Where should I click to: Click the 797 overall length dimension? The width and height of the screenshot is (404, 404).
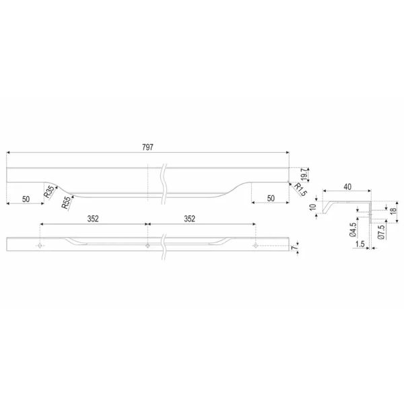pyautogui.click(x=147, y=147)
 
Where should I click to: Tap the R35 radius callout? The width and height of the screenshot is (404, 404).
pyautogui.click(x=49, y=191)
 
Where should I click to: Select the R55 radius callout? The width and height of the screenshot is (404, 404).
pyautogui.click(x=66, y=202)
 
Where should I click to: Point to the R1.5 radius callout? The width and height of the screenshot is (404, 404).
pyautogui.click(x=300, y=190)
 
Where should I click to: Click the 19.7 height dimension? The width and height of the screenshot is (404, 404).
pyautogui.click(x=304, y=174)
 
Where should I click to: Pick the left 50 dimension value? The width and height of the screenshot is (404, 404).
pyautogui.click(x=26, y=199)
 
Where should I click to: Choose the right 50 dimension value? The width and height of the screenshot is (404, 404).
pyautogui.click(x=271, y=199)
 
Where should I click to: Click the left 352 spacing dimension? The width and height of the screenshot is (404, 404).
pyautogui.click(x=93, y=219)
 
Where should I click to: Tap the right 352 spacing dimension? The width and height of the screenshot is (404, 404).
pyautogui.click(x=189, y=219)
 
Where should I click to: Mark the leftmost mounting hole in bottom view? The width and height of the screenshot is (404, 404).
pyautogui.click(x=40, y=246)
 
